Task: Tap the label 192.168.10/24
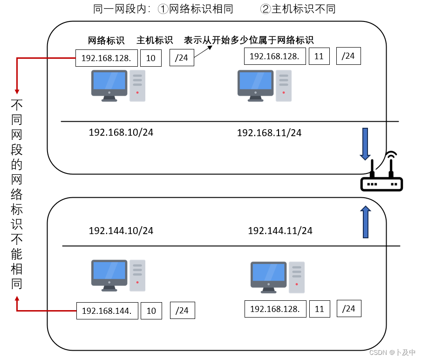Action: [x=121, y=132]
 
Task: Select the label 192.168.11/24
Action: [x=269, y=133]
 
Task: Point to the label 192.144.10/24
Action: [x=121, y=231]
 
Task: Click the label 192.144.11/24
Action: [x=280, y=231]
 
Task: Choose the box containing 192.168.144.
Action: [x=107, y=311]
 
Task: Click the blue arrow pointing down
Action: [x=365, y=144]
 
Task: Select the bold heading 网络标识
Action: [x=106, y=41]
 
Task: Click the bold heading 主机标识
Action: [x=155, y=41]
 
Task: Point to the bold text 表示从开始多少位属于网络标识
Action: [x=249, y=40]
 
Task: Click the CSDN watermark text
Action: [x=392, y=353]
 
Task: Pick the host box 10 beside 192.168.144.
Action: [x=151, y=311]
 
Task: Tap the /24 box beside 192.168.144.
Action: [x=182, y=311]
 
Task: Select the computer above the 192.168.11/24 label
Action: [x=264, y=86]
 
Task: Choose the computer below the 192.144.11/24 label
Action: [x=277, y=277]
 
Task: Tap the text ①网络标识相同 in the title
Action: [x=196, y=9]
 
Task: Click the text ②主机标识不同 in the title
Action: [x=298, y=9]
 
